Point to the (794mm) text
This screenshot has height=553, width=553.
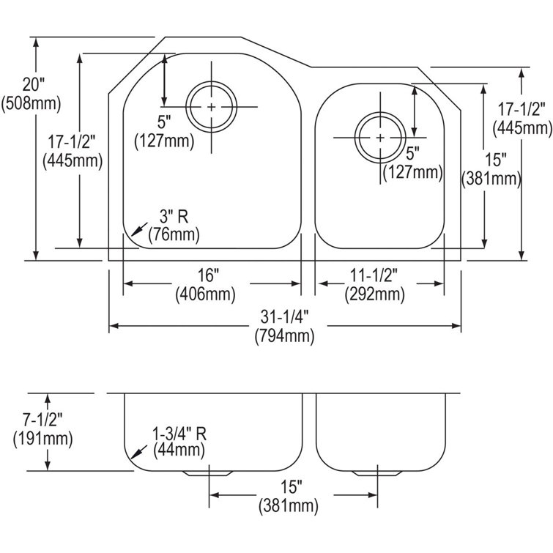pos(284,337)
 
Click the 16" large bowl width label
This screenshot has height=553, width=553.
pos(208,276)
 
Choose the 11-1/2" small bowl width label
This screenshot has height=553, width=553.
pos(374,276)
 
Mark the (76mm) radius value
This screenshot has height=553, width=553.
pos(174,235)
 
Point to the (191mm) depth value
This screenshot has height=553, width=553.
pos(42,439)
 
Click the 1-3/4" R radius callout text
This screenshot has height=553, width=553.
pos(179,433)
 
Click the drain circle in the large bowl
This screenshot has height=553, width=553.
pos(212,107)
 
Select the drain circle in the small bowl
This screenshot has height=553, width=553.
pos(379,137)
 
